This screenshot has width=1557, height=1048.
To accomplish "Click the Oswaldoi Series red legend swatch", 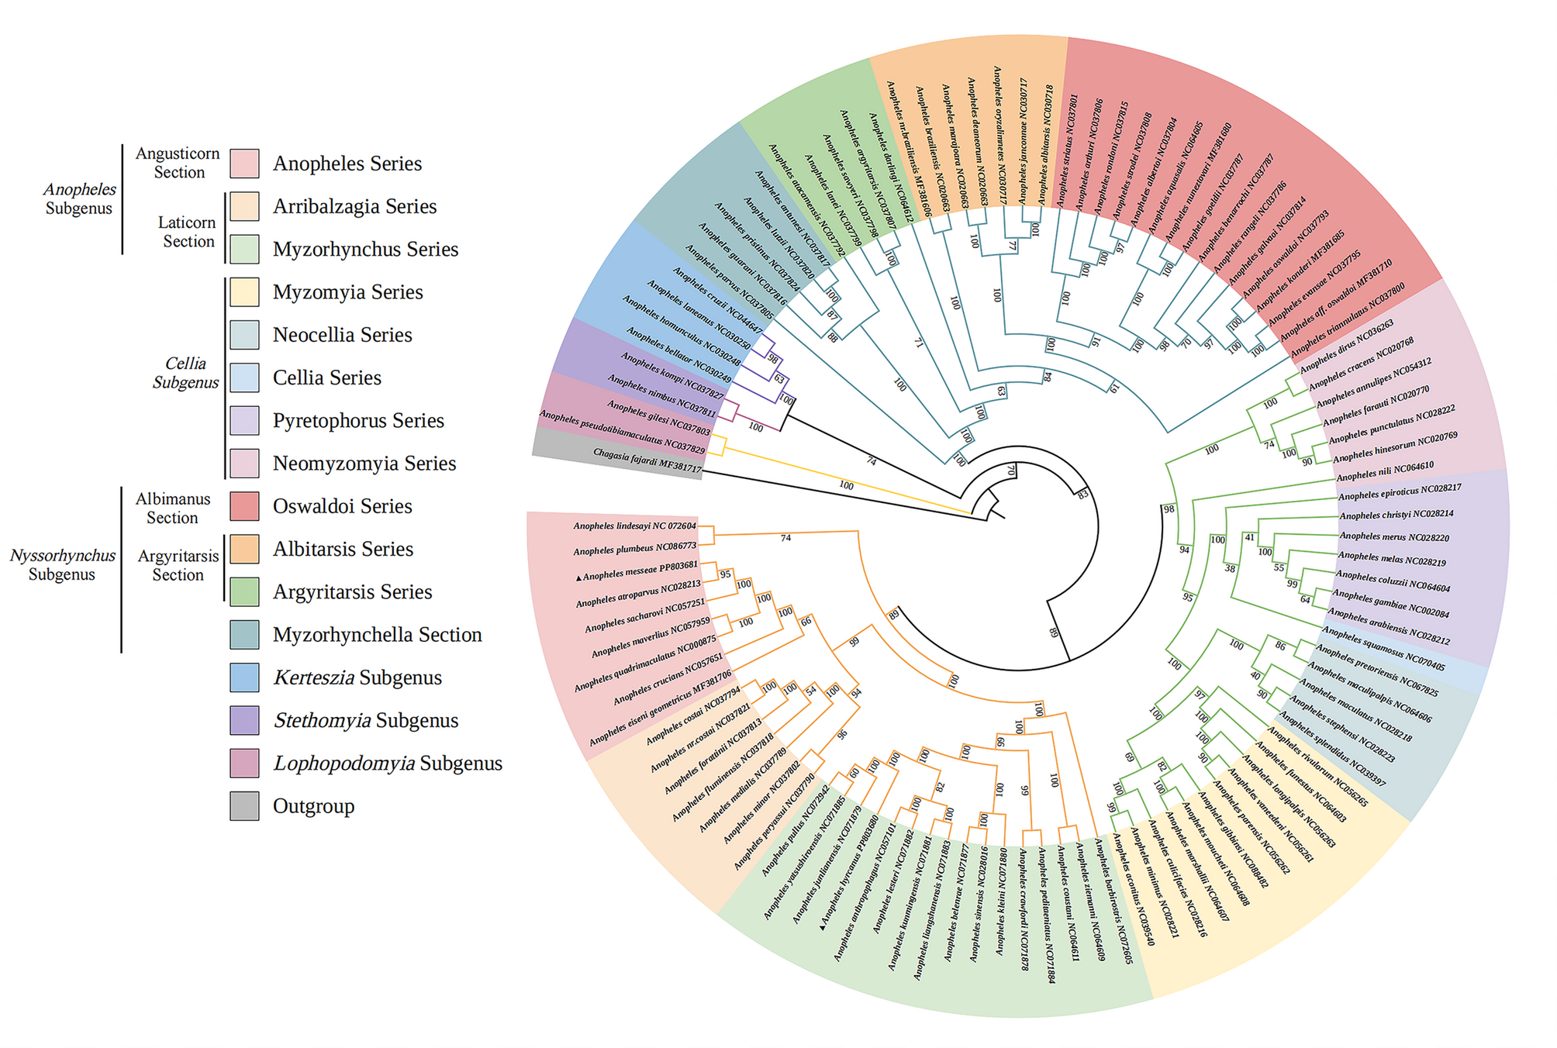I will [x=244, y=506].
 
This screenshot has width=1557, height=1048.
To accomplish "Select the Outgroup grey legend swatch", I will [x=244, y=806].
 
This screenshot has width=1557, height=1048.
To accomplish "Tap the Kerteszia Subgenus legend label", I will [x=357, y=677].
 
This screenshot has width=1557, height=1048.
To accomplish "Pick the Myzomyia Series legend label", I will [x=347, y=292].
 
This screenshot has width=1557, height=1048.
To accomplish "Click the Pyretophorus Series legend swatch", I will [x=244, y=421].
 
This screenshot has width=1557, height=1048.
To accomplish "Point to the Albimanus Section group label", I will [x=173, y=508].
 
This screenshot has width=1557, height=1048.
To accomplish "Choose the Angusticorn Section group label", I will [x=178, y=163].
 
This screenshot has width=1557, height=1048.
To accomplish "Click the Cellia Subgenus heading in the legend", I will [x=185, y=373].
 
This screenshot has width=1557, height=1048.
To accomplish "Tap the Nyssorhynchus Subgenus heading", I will [x=62, y=564].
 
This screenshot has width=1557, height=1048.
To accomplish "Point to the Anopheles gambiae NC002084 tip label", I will [x=1390, y=604].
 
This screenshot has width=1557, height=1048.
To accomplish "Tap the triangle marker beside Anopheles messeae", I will [x=578, y=577].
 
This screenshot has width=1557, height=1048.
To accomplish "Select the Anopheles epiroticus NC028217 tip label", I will [x=1400, y=491].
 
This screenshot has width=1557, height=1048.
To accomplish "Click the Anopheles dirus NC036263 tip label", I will [x=1346, y=346].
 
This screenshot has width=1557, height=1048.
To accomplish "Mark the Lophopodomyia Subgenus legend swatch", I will [x=244, y=764].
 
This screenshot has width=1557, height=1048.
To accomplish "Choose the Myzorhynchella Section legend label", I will [x=377, y=635].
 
